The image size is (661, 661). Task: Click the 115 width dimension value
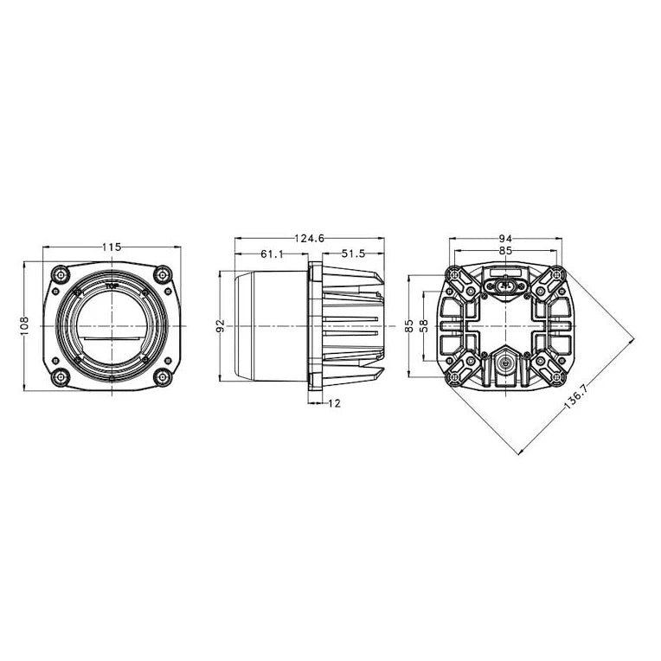tap(112, 247)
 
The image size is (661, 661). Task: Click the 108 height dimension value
tap(24, 326)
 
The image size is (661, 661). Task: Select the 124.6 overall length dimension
tap(310, 239)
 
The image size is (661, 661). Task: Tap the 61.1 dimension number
tap(273, 253)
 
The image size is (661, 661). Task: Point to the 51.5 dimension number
tap(353, 253)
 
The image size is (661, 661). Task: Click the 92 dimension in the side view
tap(221, 326)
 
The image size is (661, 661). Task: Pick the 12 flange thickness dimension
tap(334, 403)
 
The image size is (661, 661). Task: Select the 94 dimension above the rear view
tap(505, 239)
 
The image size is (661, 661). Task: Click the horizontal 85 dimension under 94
tap(505, 251)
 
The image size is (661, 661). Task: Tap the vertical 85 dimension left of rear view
tap(409, 326)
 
